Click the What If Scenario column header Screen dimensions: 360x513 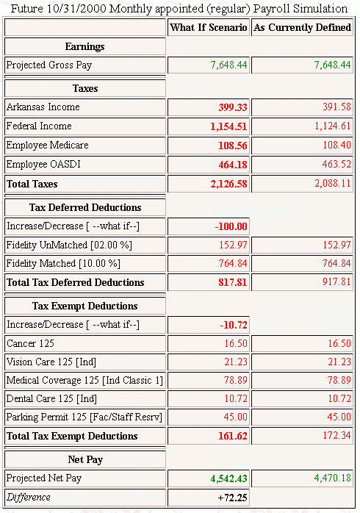209,27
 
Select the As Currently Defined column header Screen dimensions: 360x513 302,27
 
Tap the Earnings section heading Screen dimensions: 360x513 85,46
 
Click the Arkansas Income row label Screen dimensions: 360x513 43,107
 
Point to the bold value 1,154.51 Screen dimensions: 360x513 228,126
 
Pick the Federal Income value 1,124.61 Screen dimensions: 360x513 333,126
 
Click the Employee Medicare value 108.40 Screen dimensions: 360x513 336,145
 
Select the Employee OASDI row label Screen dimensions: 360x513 43,164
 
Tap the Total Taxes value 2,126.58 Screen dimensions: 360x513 228,184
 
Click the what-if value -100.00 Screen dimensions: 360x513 231,226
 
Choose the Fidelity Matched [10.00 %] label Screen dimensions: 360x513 63,263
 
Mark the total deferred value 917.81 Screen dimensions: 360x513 336,281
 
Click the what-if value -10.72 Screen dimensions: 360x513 234,325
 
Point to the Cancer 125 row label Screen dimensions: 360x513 30,343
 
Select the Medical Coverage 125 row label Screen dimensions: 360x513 84,380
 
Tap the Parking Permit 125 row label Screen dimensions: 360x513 84,417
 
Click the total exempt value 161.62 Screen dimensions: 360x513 233,436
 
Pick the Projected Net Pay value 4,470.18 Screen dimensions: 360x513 333,478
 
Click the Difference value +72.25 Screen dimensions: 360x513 232,498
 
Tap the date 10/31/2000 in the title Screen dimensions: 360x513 76,9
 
